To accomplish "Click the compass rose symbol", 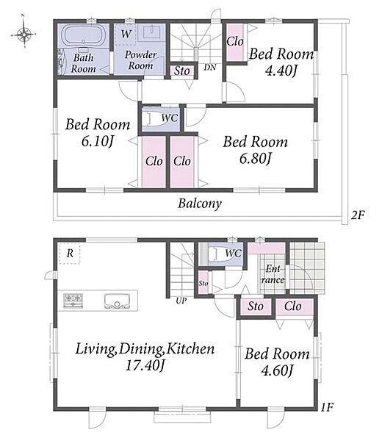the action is [x=24, y=35].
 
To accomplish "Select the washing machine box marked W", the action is [x=126, y=34].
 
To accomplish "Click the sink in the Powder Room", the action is [x=152, y=32].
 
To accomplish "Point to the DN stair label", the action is [x=210, y=67].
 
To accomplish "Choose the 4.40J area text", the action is [x=281, y=71].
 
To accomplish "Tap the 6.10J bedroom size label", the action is [x=97, y=141].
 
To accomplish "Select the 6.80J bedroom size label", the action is [x=255, y=158].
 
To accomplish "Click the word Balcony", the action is [x=200, y=204].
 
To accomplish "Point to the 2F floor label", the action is [x=358, y=215].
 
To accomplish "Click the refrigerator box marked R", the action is [x=70, y=254].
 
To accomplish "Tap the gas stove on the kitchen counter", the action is [x=73, y=300].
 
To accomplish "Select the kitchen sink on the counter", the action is [x=118, y=301].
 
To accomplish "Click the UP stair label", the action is [x=181, y=301].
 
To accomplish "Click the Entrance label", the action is [x=273, y=274].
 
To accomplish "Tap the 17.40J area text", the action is [x=145, y=365].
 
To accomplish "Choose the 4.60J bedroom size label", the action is [x=277, y=370].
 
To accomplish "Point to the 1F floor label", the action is [x=327, y=407].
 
